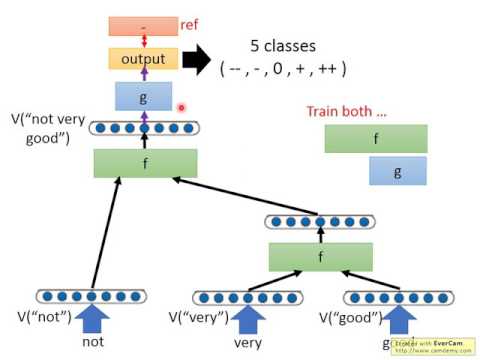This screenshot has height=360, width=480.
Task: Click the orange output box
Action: (144, 58)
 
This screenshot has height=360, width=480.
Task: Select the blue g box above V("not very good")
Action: (144, 96)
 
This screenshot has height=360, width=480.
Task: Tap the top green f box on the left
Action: (144, 162)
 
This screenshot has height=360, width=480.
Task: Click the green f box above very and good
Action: (319, 257)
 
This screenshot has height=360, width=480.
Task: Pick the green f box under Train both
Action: (375, 138)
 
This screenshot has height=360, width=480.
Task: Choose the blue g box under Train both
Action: (398, 171)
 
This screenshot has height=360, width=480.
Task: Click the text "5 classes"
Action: (282, 46)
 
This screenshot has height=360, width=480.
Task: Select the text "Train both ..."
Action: (349, 112)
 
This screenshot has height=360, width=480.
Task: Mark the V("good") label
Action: (348, 318)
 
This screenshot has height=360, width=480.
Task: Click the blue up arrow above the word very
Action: (243, 319)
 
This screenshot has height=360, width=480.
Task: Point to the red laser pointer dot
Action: (182, 107)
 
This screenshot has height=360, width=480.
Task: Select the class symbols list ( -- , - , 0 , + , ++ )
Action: (283, 69)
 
